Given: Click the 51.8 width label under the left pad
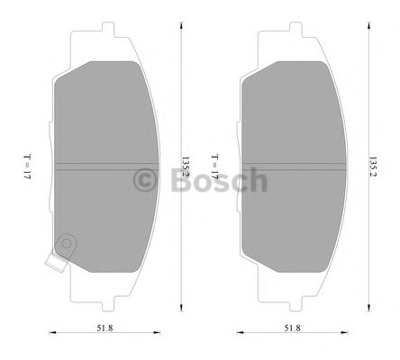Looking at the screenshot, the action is pyautogui.click(x=105, y=328).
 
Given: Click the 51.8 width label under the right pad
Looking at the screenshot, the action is pyautogui.click(x=293, y=328).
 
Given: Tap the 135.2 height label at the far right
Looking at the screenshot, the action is pyautogui.click(x=373, y=166).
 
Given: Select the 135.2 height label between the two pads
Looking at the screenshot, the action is pyautogui.click(x=186, y=166).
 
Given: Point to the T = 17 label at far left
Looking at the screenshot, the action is pyautogui.click(x=27, y=166).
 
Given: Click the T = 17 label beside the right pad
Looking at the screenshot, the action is pyautogui.click(x=215, y=166).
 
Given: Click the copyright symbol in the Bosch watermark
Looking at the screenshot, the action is pyautogui.click(x=145, y=180).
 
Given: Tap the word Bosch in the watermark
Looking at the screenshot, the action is pyautogui.click(x=219, y=180).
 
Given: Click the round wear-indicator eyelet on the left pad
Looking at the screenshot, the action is pyautogui.click(x=67, y=243).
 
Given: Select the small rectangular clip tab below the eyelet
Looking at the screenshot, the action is pyautogui.click(x=56, y=263).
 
